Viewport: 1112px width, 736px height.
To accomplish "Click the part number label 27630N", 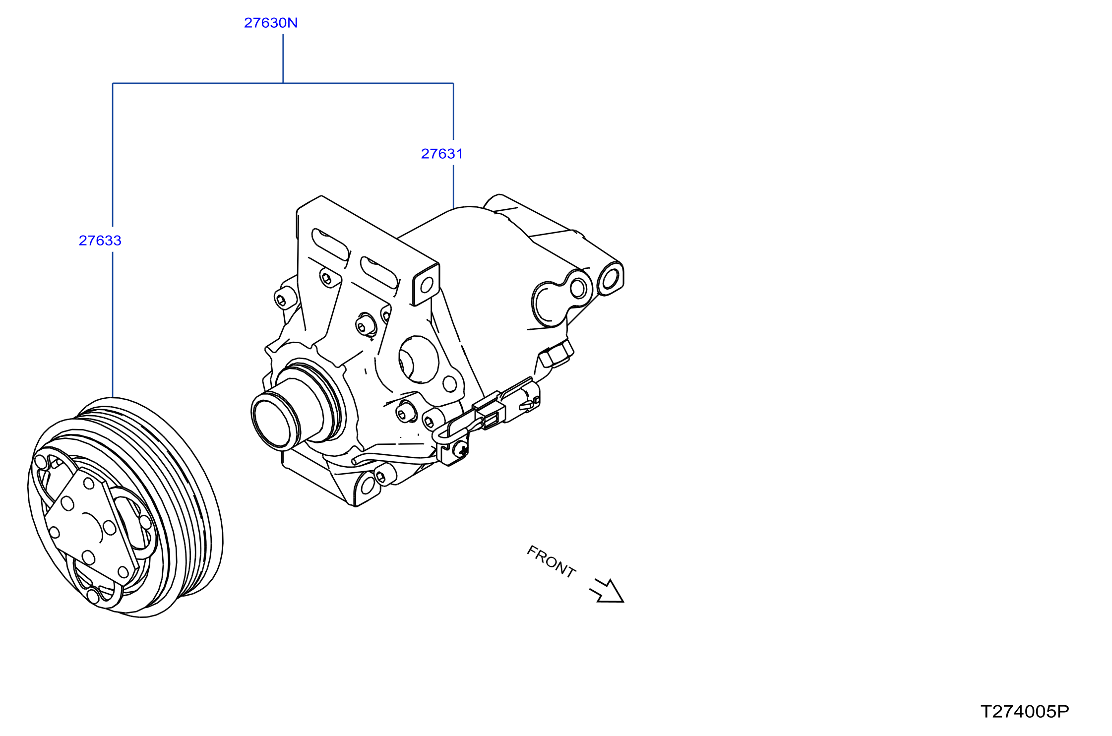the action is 271,23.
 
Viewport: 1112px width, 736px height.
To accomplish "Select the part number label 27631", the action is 442,154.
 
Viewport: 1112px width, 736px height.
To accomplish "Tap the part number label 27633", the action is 100,241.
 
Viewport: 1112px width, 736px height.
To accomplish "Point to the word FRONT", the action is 551,561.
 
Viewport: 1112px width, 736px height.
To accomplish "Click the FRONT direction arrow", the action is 608,591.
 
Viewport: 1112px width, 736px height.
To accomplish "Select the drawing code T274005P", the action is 1025,712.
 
